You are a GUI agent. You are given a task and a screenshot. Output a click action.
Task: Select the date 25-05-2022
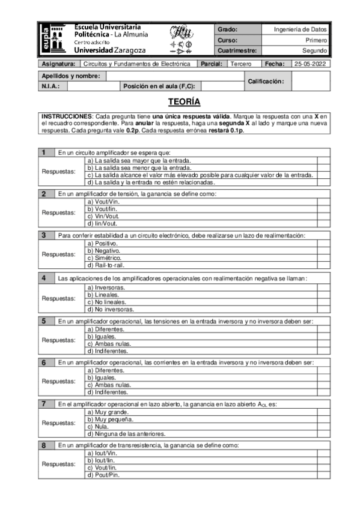pyautogui.click(x=310, y=63)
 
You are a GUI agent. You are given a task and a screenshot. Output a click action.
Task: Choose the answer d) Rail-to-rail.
pyautogui.click(x=107, y=265)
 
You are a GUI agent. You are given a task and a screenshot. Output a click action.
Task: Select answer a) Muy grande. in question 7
pyautogui.click(x=108, y=412)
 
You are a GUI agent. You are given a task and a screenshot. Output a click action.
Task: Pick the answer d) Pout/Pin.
pyautogui.click(x=103, y=475)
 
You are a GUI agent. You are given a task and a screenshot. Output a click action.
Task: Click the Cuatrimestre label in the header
pyautogui.click(x=237, y=51)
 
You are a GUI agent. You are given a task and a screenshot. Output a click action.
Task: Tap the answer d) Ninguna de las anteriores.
pyautogui.click(x=126, y=433)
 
